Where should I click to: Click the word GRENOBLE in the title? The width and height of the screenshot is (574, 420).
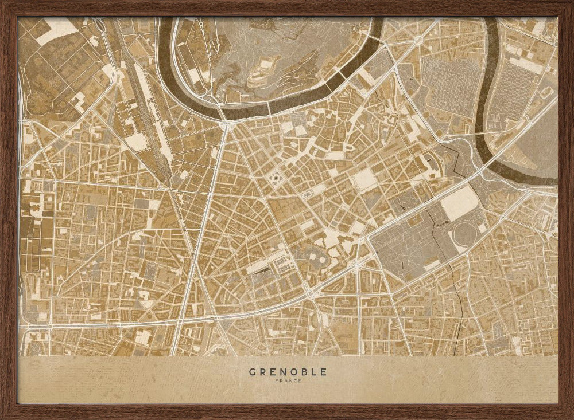tap(288, 372)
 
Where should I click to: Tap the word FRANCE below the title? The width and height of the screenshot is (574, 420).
tap(288, 381)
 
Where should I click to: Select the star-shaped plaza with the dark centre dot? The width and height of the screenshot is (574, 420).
tap(276, 180)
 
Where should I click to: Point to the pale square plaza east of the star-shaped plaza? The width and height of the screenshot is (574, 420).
tap(363, 180)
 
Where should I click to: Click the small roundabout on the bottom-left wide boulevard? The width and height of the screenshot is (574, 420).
tap(50, 327)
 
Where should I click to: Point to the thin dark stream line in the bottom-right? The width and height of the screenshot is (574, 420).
tap(459, 309)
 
